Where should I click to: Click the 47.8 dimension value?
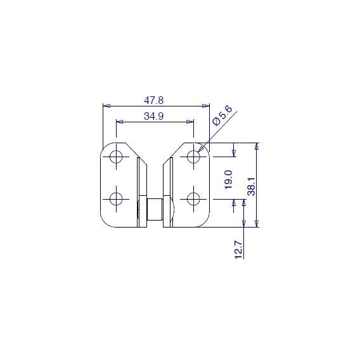(x=153, y=100)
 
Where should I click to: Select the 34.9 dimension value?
(x=153, y=116)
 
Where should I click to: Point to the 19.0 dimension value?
(x=229, y=179)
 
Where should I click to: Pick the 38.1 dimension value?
(x=251, y=186)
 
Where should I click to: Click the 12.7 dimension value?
(x=238, y=250)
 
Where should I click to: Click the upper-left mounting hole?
(x=116, y=157)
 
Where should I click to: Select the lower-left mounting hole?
(x=116, y=199)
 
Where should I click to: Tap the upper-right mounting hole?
(x=193, y=157)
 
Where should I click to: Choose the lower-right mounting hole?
(x=193, y=199)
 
